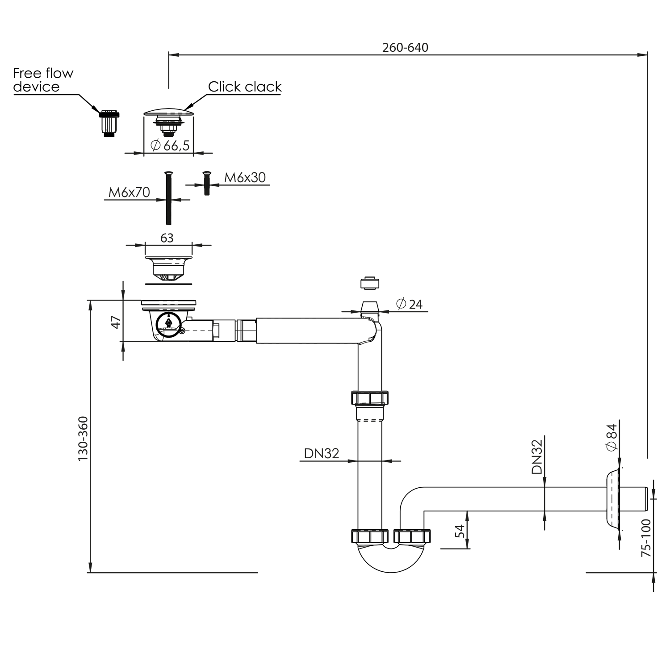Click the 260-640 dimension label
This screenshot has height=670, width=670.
[405, 47]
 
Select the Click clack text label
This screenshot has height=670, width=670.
[245, 87]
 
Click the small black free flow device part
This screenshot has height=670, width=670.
[109, 123]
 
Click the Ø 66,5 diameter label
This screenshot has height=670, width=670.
[170, 145]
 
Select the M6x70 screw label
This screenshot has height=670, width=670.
[129, 193]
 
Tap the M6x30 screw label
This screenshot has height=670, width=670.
[245, 178]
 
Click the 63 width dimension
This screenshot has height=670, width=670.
[167, 238]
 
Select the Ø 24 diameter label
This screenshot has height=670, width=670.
[409, 304]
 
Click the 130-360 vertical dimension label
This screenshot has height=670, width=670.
[84, 439]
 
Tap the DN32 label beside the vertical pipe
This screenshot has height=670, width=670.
[322, 454]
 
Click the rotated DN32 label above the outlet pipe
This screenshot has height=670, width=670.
[537, 457]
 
